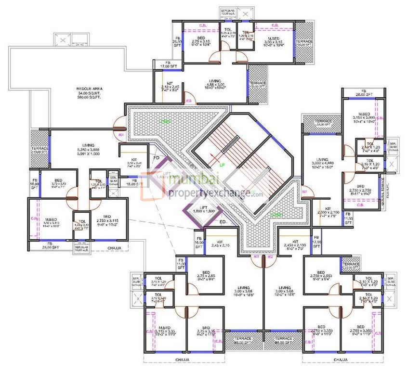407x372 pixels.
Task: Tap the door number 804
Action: [121, 135]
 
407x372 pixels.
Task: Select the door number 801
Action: [304, 192]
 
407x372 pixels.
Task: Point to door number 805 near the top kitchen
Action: [188, 101]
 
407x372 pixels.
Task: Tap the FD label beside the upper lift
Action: [156, 157]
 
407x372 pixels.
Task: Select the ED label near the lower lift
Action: [223, 222]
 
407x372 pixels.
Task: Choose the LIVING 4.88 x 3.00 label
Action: [215, 85]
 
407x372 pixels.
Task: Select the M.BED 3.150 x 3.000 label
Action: [364, 117]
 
